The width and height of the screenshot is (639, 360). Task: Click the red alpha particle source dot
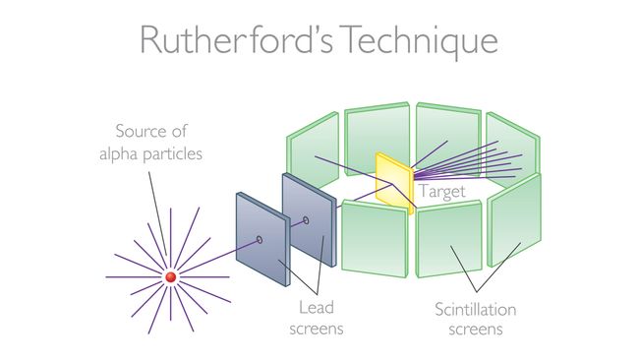coord(170,278)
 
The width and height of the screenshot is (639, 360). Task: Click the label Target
coord(441,193)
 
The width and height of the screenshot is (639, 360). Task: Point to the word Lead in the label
coord(312,308)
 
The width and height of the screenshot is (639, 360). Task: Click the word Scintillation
coord(476,308)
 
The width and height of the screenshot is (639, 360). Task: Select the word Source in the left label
coord(143,130)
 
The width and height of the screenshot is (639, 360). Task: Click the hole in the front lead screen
coord(260,239)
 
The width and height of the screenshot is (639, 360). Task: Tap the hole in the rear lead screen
coord(306,220)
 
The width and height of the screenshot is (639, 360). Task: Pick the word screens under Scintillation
coord(476,329)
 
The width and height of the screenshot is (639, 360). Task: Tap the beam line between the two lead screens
coord(283,229)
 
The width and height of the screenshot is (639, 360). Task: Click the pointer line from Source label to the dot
coord(160,217)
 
